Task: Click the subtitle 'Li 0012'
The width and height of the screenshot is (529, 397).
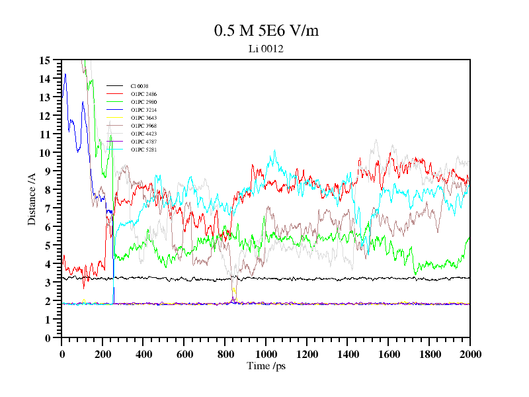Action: pyautogui.click(x=266, y=48)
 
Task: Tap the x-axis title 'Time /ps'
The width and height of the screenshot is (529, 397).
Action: pyautogui.click(x=266, y=365)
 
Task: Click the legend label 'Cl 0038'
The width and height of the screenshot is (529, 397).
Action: pyautogui.click(x=139, y=86)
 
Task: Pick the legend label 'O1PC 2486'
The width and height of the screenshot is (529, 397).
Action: pyautogui.click(x=143, y=94)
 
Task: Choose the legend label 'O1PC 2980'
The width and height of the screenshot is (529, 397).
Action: pyautogui.click(x=143, y=102)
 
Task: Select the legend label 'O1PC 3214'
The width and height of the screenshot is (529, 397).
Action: pyautogui.click(x=143, y=110)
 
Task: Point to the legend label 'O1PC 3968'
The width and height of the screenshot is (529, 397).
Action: pyautogui.click(x=143, y=126)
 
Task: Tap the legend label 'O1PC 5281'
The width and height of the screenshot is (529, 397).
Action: pyautogui.click(x=143, y=150)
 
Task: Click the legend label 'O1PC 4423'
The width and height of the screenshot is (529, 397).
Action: pyautogui.click(x=143, y=134)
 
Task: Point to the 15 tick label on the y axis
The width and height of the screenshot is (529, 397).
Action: pyautogui.click(x=45, y=60)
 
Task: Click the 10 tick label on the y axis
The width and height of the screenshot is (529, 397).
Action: pyautogui.click(x=45, y=153)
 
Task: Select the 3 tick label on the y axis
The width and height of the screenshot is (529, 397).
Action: pyautogui.click(x=48, y=283)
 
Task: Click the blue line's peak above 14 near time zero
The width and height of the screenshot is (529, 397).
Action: pyautogui.click(x=65, y=74)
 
